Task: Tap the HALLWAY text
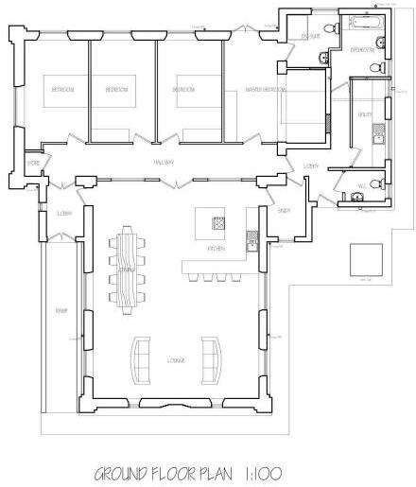pos(166,163)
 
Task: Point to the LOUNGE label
pos(177,360)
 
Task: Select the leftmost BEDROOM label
pos(63,90)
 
